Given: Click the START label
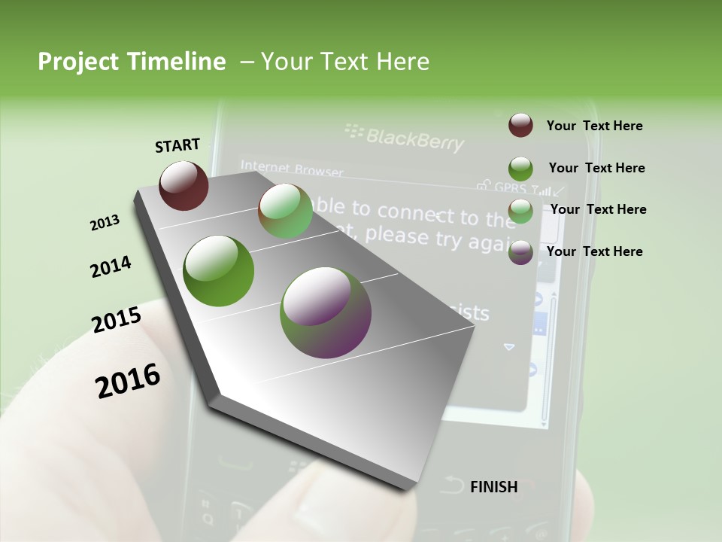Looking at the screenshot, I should (177, 145).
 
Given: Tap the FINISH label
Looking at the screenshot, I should (493, 487).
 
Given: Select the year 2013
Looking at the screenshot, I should (105, 223).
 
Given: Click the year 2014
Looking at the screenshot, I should (111, 266).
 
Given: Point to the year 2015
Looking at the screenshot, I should (117, 320).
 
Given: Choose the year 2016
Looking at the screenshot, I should (128, 380).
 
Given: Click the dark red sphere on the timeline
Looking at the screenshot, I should (184, 185).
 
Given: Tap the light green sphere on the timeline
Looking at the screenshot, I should (285, 212).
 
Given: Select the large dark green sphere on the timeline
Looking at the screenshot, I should (219, 271).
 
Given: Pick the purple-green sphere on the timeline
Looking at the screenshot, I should (326, 312).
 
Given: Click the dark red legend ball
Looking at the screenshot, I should (520, 126).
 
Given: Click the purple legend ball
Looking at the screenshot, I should (520, 251).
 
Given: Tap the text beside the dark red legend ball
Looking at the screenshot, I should (594, 126).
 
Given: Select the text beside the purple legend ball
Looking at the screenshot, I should (594, 251).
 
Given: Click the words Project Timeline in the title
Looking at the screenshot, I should (132, 62).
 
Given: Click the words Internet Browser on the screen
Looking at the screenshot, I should (291, 169).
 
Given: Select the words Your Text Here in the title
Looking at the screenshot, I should (345, 62).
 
